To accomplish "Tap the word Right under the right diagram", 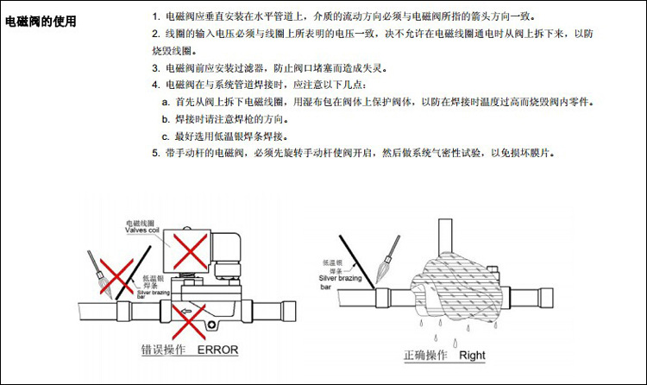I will click(472, 355).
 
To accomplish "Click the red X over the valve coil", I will click(189, 250).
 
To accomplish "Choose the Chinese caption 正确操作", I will click(424, 355).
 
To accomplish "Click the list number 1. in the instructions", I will click(156, 17).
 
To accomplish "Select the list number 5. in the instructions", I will click(156, 153).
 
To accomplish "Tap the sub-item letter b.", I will click(166, 119).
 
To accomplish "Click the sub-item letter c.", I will click(166, 136).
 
